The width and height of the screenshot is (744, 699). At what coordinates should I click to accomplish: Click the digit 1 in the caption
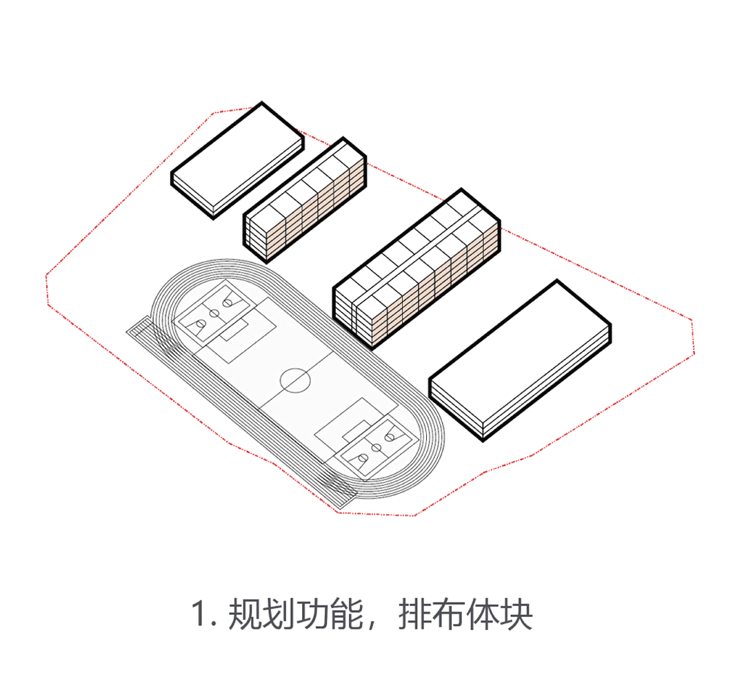point(199,614)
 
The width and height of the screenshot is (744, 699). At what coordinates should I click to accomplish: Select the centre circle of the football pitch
point(295,379)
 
